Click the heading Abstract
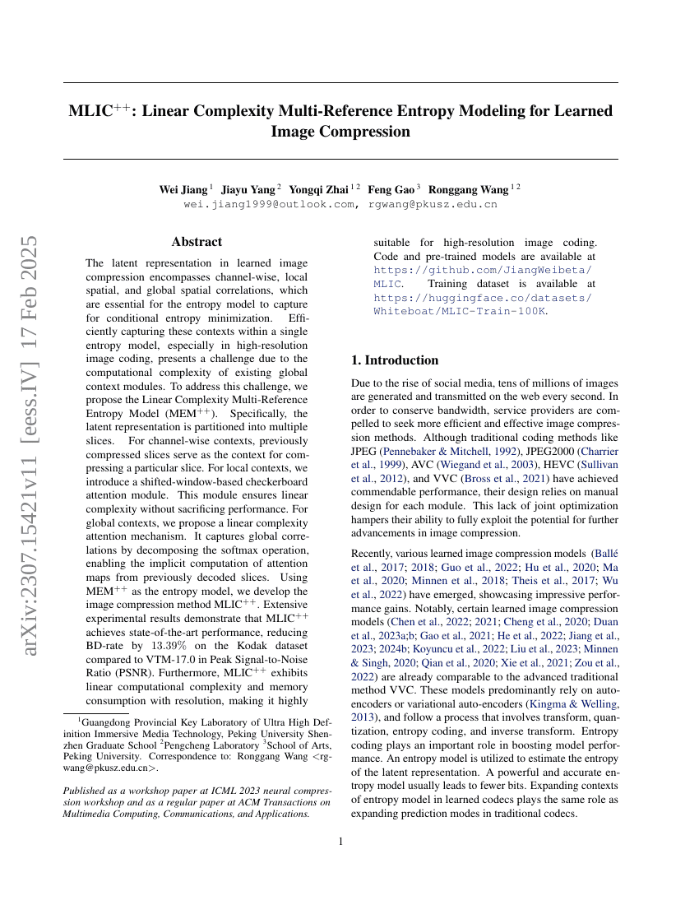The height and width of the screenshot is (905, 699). coord(197,242)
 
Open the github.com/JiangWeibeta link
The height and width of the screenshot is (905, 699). coord(482,270)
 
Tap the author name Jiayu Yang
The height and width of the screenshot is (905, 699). coord(248,189)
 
